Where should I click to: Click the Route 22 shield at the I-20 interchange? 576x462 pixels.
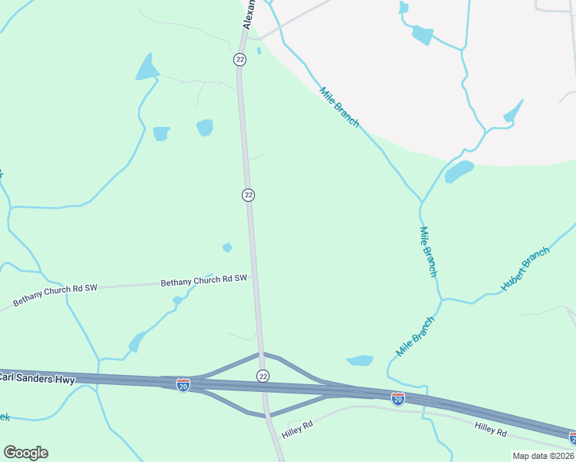[263, 375]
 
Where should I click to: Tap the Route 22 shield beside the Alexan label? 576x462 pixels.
[239, 59]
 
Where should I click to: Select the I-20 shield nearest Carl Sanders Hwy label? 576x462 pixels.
[183, 383]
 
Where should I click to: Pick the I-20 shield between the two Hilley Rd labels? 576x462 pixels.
[397, 398]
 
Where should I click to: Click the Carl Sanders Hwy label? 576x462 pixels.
[37, 377]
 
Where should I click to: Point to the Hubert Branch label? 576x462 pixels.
[526, 269]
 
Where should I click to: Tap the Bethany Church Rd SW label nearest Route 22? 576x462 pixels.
[204, 282]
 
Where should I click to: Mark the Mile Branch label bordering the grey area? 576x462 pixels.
[339, 107]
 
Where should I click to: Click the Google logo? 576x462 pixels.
[25, 453]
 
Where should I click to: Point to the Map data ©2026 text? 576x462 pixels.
[543, 456]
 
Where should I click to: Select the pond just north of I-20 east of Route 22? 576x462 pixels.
[360, 360]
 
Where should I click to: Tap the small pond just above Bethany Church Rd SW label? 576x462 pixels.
[227, 247]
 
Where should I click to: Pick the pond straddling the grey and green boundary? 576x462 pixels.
[459, 171]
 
